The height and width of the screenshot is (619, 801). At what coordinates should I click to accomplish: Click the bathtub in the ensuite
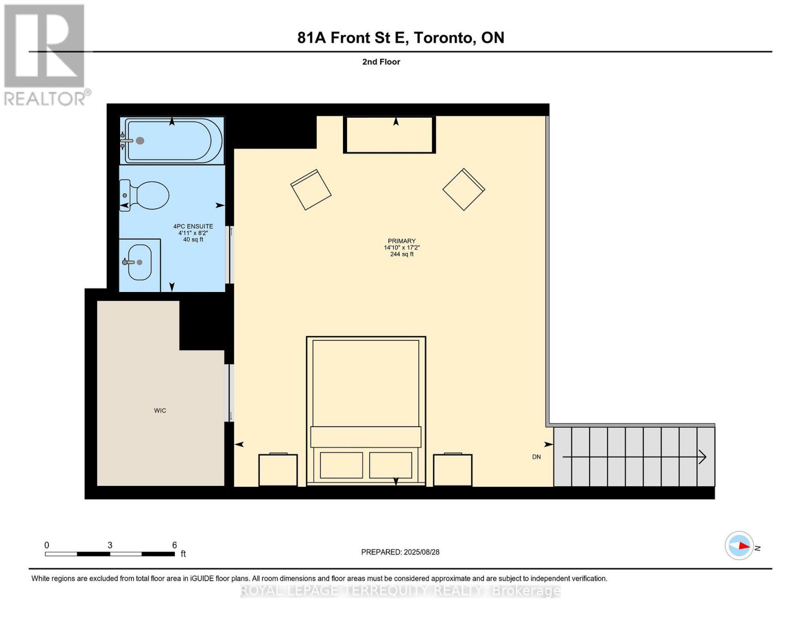173,141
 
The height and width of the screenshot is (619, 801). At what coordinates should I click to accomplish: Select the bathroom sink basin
140,262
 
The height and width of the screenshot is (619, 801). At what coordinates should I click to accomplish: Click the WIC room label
160,411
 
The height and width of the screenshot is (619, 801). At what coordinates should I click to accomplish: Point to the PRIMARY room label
401,241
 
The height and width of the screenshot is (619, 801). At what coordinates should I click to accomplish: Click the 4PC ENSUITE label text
193,226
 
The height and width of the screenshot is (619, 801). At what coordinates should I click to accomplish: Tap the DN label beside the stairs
536,457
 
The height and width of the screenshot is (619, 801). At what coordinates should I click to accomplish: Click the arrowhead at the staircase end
702,457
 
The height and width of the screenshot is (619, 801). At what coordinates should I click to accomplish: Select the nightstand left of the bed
278,470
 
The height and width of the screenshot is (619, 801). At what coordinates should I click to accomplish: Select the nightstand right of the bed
452,470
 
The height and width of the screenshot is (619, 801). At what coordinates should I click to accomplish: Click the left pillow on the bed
341,465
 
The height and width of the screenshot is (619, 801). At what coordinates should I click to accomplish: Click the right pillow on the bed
390,465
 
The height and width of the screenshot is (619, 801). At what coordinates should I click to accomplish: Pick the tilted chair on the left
311,189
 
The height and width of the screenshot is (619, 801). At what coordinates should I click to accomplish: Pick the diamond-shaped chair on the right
463,189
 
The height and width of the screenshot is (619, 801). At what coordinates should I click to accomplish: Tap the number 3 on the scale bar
110,545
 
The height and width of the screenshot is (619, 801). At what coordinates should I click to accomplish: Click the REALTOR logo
45,54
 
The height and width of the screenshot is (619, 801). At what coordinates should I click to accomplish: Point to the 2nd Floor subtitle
381,62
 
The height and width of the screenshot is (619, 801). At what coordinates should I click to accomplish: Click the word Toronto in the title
445,38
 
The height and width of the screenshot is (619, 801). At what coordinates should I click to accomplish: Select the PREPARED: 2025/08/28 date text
400,552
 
